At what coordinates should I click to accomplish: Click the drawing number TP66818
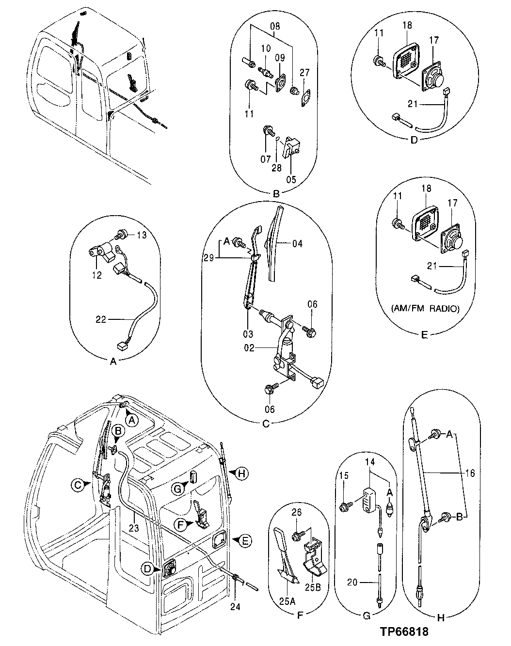coord(404,631)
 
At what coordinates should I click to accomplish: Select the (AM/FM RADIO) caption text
coord(425,308)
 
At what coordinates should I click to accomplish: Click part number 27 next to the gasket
coord(304,73)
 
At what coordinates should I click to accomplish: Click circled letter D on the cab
coord(147,569)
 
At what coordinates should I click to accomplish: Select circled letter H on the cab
coord(243,472)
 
